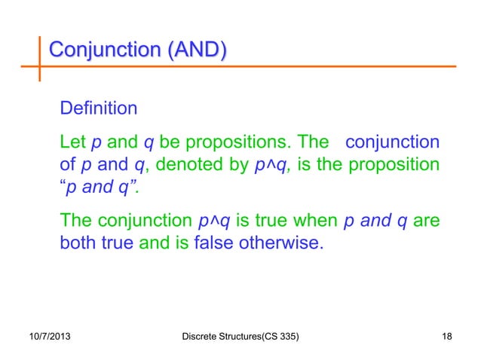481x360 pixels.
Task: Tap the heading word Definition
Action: coord(98,108)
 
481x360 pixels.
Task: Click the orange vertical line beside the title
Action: coord(40,56)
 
